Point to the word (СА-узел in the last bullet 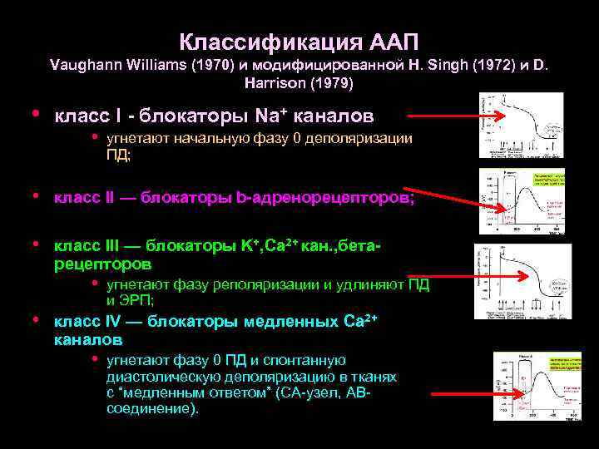[x=314, y=392]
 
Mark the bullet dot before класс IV [x=36, y=320]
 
